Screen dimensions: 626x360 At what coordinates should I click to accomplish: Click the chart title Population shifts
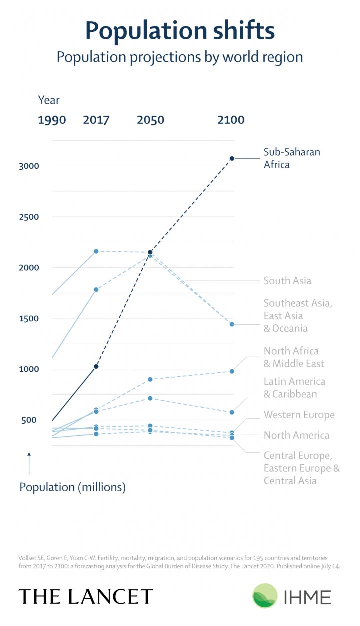(x=180, y=31)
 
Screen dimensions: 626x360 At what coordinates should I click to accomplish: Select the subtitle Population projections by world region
(x=180, y=57)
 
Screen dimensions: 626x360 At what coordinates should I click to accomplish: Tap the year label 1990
(x=52, y=120)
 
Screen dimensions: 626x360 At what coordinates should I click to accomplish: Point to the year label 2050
(x=150, y=120)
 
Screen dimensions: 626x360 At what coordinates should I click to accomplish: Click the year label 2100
(x=231, y=120)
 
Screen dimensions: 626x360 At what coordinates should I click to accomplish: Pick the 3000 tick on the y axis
(x=28, y=166)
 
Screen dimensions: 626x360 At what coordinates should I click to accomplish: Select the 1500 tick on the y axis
(x=28, y=319)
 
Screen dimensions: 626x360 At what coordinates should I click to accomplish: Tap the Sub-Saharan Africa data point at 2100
(x=232, y=159)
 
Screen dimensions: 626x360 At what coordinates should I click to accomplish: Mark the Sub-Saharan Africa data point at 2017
(x=96, y=367)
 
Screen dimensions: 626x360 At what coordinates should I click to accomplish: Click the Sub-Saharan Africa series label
(x=292, y=158)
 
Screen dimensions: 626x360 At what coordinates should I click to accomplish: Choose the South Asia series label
(x=287, y=281)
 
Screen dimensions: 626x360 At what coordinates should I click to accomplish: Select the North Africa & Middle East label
(x=294, y=357)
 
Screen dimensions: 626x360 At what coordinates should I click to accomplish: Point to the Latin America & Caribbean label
(x=294, y=388)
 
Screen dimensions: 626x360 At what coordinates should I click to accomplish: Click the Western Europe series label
(x=299, y=415)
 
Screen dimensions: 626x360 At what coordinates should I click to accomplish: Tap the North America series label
(x=296, y=435)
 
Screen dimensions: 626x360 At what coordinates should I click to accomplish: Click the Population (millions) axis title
(x=72, y=487)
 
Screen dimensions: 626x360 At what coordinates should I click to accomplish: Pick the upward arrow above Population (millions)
(x=29, y=463)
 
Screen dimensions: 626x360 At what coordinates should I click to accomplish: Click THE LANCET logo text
(x=86, y=597)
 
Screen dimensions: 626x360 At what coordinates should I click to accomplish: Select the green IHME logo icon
(x=265, y=596)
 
